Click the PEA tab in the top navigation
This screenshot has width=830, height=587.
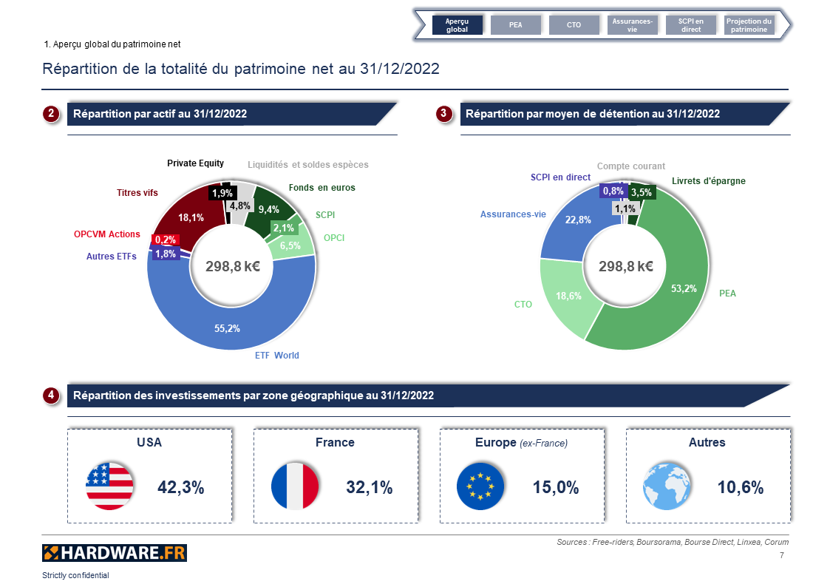click(x=516, y=25)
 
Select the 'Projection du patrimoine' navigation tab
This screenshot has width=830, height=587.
click(x=749, y=25)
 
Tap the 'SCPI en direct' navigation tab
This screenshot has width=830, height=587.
click(x=691, y=25)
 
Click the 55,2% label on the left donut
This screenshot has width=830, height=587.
click(x=227, y=328)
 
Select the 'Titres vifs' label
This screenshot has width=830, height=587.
click(x=137, y=193)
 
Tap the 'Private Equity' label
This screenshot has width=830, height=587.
click(x=195, y=163)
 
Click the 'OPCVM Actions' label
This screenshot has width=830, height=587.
click(x=106, y=234)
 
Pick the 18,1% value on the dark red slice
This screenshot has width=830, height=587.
click(x=191, y=217)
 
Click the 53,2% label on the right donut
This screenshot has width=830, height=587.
click(x=683, y=288)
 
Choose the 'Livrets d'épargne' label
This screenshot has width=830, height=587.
click(x=708, y=181)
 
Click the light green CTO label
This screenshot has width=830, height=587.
click(x=523, y=305)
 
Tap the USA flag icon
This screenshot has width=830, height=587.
click(x=109, y=486)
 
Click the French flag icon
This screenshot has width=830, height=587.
click(x=295, y=486)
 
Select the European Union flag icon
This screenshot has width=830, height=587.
click(x=480, y=486)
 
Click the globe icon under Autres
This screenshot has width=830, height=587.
click(x=667, y=486)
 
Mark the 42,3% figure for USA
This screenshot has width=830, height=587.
click(x=180, y=487)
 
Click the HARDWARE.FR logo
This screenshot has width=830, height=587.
click(x=114, y=552)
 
